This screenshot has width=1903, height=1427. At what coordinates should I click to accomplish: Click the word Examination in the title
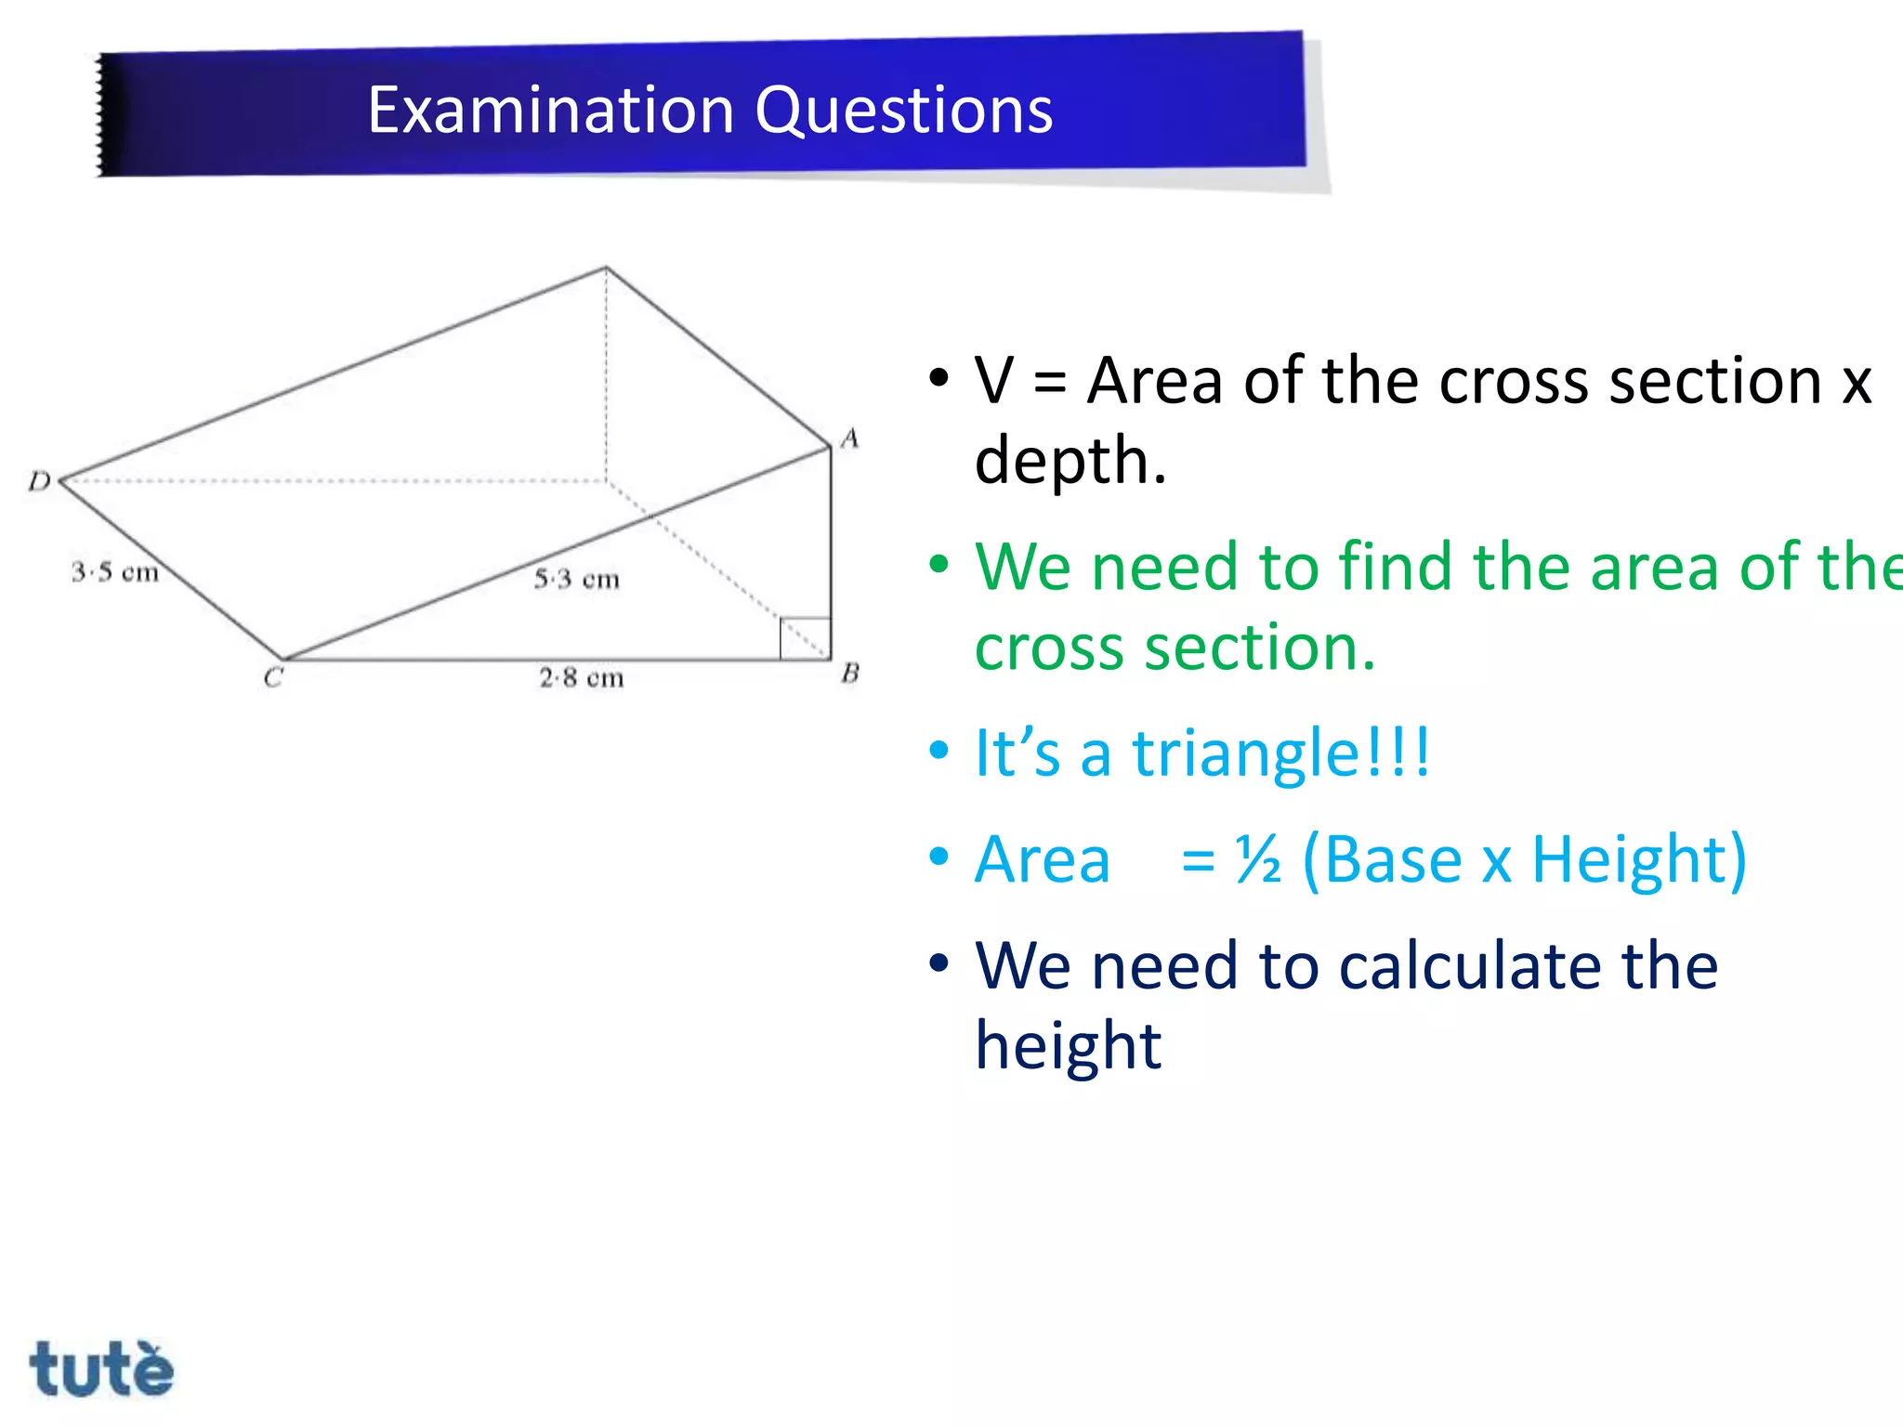[x=550, y=111]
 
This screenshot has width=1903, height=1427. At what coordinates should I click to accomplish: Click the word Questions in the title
[x=903, y=111]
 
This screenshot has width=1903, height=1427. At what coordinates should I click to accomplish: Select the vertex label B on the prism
[x=850, y=673]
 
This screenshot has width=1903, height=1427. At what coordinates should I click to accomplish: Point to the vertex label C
[x=272, y=677]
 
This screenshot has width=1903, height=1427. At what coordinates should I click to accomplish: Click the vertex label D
[x=39, y=481]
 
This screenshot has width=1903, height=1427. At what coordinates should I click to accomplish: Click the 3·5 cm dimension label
[x=115, y=571]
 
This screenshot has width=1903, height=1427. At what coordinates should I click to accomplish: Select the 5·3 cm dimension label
[x=576, y=580]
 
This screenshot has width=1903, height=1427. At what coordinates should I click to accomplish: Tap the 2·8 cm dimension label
[x=582, y=677]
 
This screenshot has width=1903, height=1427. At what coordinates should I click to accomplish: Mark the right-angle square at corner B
[x=805, y=638]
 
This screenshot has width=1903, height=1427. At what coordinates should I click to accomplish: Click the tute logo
[x=101, y=1368]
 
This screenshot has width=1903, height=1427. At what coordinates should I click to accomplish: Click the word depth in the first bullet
[x=1069, y=460]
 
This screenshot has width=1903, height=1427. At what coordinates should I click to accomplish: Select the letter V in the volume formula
[x=994, y=381]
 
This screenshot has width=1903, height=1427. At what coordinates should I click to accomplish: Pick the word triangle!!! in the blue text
[x=1280, y=753]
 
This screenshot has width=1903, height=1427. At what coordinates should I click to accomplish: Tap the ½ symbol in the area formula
[x=1258, y=859]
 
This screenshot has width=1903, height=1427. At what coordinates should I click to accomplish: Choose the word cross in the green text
[x=1048, y=648]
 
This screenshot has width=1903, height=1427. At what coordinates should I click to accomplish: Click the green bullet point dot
[x=939, y=564]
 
